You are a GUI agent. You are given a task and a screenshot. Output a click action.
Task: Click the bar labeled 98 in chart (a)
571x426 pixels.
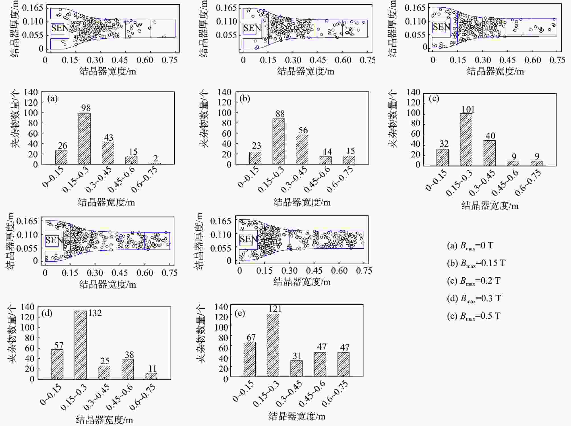tap(84, 139)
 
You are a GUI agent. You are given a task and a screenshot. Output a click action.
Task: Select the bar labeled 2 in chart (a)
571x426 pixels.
tap(155, 163)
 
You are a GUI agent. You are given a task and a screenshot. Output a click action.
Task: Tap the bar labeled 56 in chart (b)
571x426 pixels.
tap(302, 149)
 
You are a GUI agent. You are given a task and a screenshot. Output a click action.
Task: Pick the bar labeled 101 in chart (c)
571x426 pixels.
tap(466, 140)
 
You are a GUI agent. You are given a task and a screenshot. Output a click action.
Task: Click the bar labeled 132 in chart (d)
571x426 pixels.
tap(80, 345)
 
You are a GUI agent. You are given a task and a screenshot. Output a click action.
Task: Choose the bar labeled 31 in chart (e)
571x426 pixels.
tap(296, 369)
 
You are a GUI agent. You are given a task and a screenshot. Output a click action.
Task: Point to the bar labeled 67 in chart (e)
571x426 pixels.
tap(250, 359)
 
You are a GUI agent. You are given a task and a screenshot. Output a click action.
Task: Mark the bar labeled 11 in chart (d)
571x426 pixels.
tap(151, 376)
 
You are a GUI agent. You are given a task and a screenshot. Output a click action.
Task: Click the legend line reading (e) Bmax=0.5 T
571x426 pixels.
tap(473, 316)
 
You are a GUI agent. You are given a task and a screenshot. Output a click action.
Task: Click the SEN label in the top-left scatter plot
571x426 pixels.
tap(60, 28)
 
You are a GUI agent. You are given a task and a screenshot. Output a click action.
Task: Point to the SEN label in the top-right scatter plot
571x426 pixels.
tap(441, 27)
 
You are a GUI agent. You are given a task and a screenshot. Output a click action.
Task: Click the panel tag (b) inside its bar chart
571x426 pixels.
tap(245, 98)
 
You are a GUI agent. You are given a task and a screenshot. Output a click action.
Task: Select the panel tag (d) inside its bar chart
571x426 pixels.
tap(47, 313)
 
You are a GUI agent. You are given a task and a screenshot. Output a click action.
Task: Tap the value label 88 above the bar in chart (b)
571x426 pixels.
tap(280, 114)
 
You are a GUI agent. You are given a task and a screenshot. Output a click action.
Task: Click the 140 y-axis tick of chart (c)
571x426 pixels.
tap(413, 92)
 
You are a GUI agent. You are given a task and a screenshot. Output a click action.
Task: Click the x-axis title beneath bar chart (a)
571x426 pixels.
tap(106, 202)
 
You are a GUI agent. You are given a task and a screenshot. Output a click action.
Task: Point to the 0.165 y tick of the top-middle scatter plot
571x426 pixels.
tap(226, 8)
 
